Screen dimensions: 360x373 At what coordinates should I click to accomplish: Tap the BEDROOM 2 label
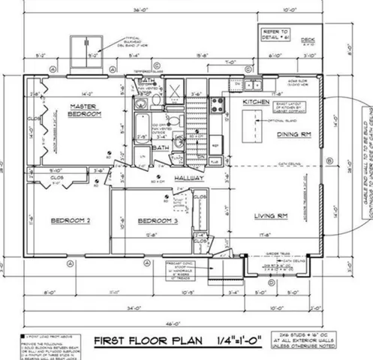coord(71,221)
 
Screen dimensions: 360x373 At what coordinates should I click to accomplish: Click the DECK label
coord(308,39)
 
